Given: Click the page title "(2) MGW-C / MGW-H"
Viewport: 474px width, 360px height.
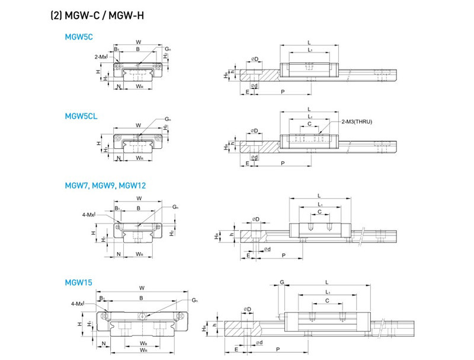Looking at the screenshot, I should coord(97,14).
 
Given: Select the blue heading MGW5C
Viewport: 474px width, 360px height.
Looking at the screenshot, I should coord(78,37).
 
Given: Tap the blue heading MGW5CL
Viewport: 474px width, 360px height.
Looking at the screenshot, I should coord(81,116).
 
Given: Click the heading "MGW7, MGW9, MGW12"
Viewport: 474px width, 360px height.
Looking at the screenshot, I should coord(105,186).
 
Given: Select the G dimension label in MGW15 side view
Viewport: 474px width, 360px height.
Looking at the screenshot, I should coord(282,282).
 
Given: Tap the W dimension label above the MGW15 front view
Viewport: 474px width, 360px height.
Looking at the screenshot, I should coord(141,289).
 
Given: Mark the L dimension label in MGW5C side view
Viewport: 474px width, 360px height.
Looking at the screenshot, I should coord(309,42).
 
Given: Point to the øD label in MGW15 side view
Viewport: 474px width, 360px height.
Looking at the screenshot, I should coord(248,310).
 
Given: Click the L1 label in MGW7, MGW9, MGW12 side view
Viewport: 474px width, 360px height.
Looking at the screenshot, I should coord(319,204).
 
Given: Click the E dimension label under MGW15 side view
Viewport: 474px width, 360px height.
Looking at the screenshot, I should coord(237,351).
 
